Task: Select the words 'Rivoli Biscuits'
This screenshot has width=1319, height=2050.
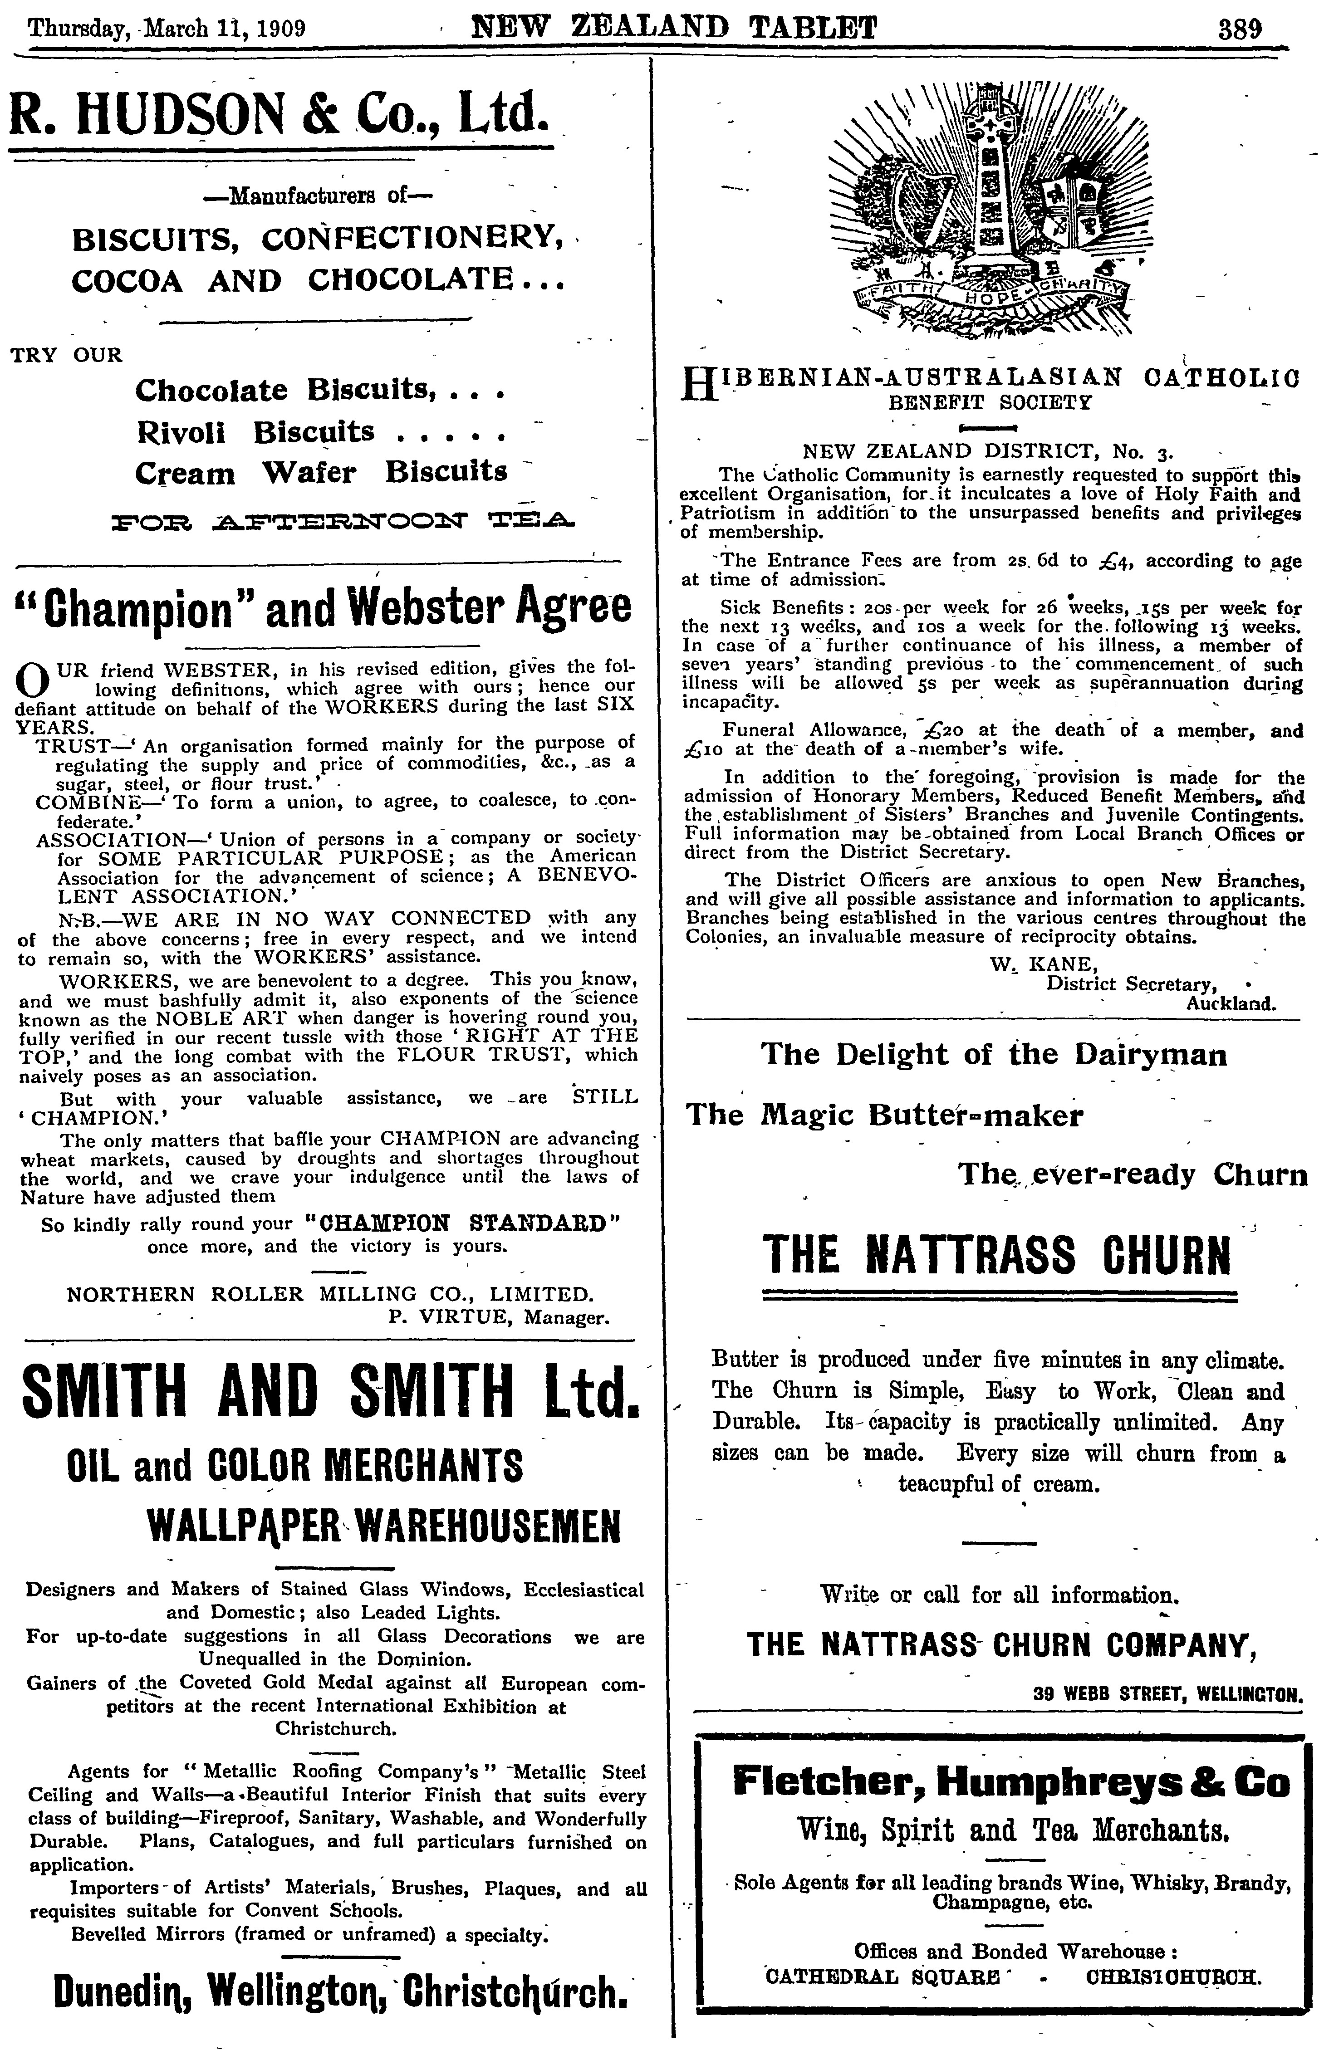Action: (255, 431)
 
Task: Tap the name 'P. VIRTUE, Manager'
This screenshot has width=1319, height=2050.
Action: (499, 1317)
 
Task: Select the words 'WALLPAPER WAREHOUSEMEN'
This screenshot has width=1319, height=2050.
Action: (383, 1524)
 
